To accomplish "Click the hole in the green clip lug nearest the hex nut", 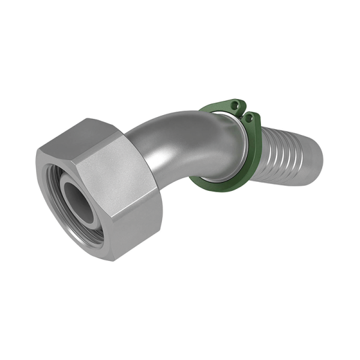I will pyautogui.click(x=235, y=104).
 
